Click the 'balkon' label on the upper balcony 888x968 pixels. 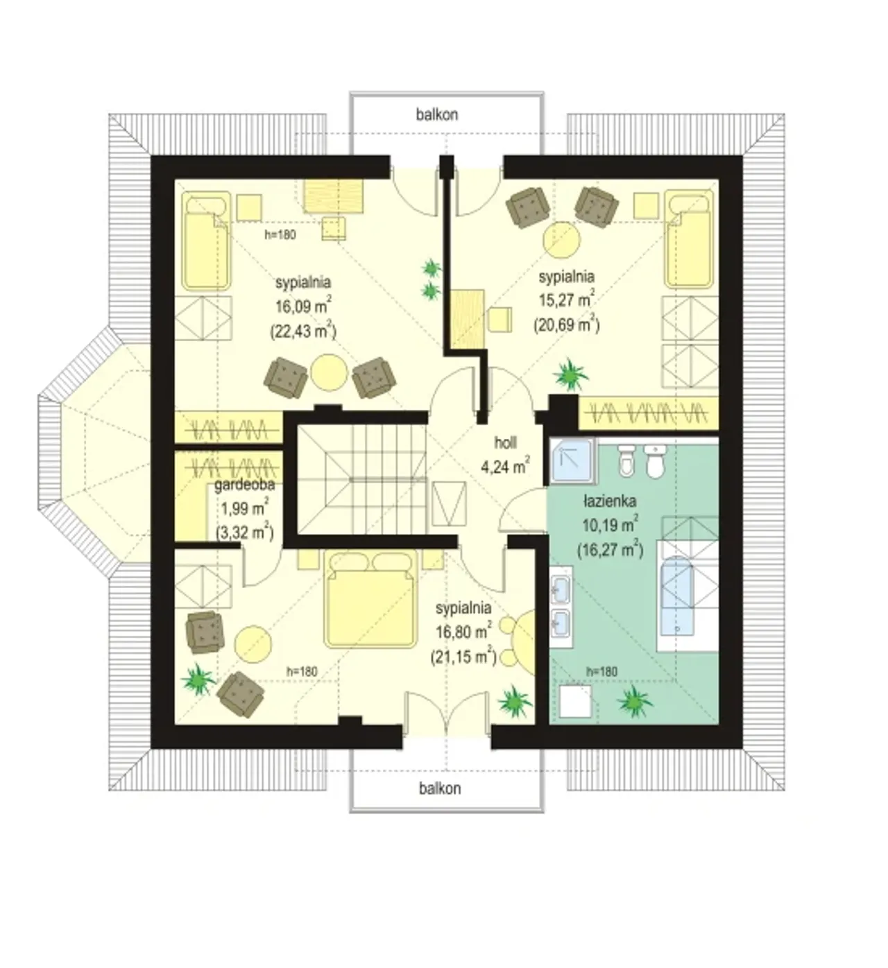pos(437,115)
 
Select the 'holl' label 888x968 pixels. pos(505,442)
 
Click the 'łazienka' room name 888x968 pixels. pos(609,502)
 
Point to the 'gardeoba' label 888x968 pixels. pos(244,485)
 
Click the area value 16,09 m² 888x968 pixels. pos(303,305)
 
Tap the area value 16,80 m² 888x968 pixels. pos(463,631)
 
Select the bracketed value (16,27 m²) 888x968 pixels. pos(610,550)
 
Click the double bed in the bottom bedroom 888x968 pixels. pos(370,598)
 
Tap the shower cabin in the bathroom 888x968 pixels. pos(572,461)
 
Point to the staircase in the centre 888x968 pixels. pos(361,479)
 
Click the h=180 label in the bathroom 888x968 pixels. pos(601,672)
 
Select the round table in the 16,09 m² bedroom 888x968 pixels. pos(329,372)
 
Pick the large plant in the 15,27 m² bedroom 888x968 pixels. pos(571,374)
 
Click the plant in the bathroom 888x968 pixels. pos(635,700)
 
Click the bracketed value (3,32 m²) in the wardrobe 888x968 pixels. pos(244,533)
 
